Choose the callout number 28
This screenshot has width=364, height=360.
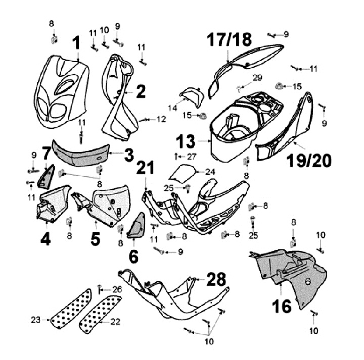coord(215,279)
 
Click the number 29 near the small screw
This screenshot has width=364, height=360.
coord(257,77)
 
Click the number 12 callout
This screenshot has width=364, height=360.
coord(161,119)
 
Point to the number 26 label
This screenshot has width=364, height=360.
coord(117,289)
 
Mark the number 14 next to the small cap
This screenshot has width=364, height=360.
coord(173,108)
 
